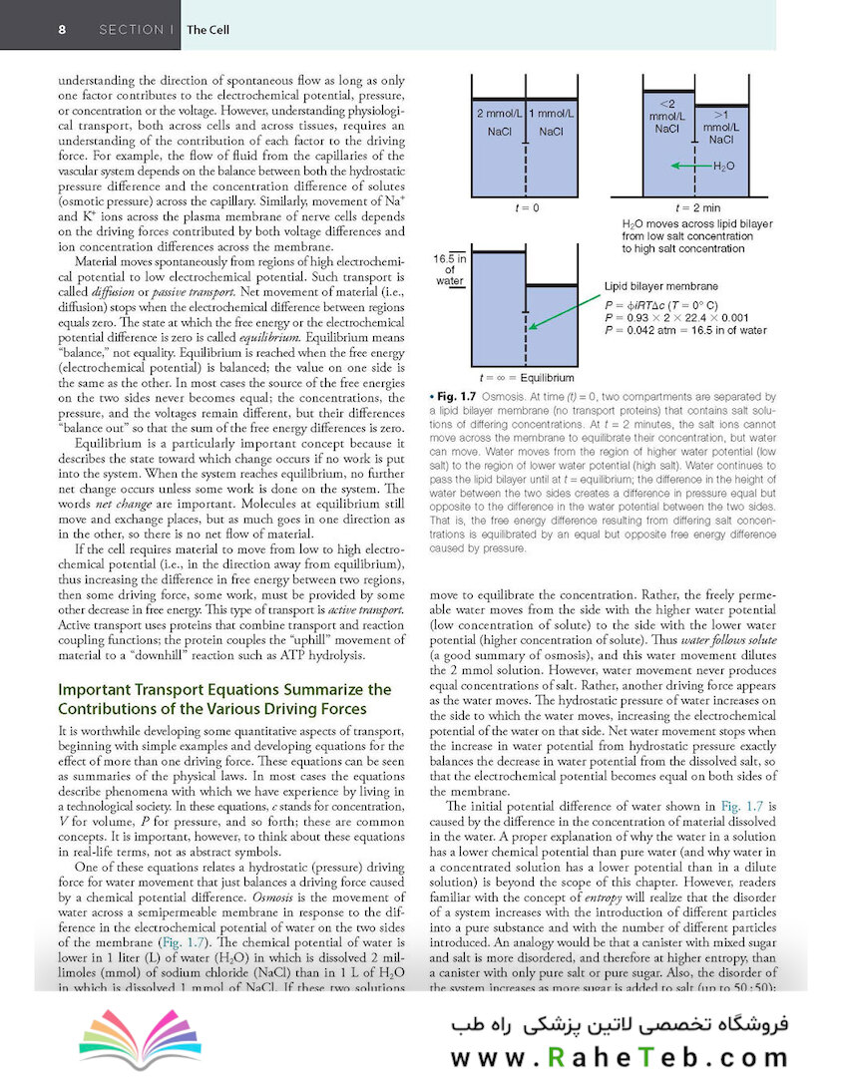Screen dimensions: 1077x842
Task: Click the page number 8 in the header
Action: click(x=62, y=30)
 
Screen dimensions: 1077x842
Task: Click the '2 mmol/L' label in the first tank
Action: click(x=499, y=114)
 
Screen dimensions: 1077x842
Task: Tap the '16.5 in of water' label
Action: click(x=449, y=269)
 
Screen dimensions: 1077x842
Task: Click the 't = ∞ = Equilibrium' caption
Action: click(x=527, y=378)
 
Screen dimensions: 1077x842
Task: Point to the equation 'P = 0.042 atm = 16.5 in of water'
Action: click(x=685, y=329)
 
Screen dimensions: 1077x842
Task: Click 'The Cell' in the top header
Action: click(x=208, y=30)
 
